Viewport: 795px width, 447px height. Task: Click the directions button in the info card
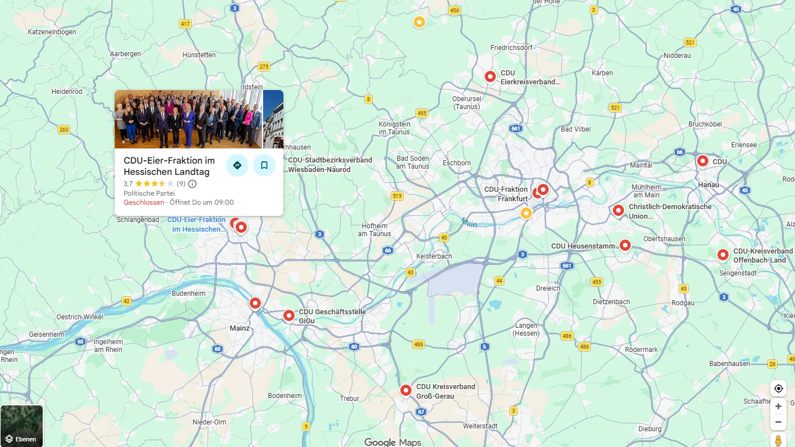click(237, 165)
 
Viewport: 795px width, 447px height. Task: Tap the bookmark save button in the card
click(264, 165)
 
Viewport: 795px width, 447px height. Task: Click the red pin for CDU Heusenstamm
click(625, 245)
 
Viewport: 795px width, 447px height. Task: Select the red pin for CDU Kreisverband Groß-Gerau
click(406, 390)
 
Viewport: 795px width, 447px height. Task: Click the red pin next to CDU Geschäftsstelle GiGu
click(288, 315)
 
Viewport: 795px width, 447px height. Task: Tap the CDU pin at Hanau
click(702, 161)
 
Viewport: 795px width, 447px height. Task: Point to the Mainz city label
click(240, 328)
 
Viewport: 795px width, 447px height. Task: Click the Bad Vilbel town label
click(576, 129)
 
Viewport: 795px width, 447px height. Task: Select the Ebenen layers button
click(21, 426)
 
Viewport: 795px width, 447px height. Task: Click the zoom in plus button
click(778, 406)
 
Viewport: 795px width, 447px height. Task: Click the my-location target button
click(778, 389)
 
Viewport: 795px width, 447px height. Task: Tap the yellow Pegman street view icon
click(778, 440)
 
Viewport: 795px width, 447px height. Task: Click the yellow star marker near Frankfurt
click(526, 213)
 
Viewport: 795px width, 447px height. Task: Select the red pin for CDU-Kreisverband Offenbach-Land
click(722, 255)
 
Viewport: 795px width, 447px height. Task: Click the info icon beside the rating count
click(192, 184)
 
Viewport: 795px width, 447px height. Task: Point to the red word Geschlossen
click(144, 202)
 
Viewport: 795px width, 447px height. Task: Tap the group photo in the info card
click(188, 119)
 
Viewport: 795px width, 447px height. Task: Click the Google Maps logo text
click(392, 442)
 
